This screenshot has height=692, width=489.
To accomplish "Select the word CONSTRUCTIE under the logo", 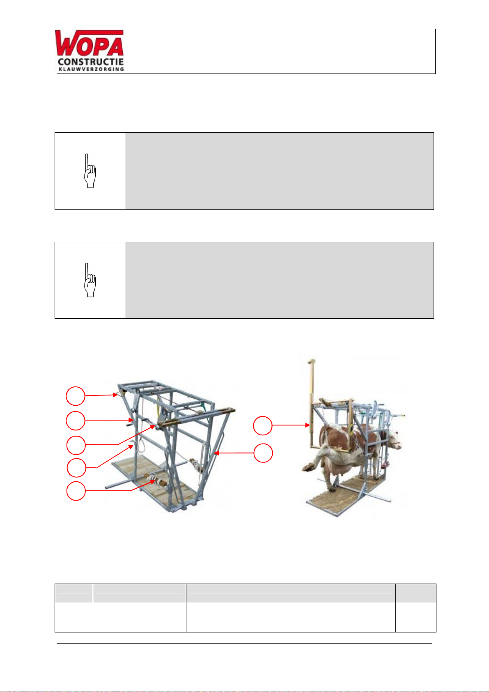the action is click(91, 62).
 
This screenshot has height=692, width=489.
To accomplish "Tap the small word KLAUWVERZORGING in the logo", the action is click(91, 69).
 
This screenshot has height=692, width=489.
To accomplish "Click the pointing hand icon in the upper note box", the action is click(90, 171).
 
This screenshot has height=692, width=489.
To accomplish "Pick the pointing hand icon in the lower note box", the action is click(90, 280).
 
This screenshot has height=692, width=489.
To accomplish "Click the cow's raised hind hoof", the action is click(309, 467).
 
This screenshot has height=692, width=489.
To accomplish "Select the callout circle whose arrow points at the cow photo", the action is click(263, 426).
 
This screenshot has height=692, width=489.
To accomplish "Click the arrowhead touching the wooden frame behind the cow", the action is click(308, 425).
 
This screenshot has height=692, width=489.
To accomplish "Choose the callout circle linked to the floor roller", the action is click(76, 491).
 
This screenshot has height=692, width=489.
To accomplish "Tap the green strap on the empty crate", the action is click(202, 405).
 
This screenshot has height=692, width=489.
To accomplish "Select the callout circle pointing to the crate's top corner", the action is click(76, 396).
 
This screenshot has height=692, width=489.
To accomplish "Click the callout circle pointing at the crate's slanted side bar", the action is click(263, 453).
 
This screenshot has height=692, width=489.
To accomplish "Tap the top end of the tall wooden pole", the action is click(312, 361).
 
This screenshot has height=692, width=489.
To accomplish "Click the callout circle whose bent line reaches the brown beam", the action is click(76, 445).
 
